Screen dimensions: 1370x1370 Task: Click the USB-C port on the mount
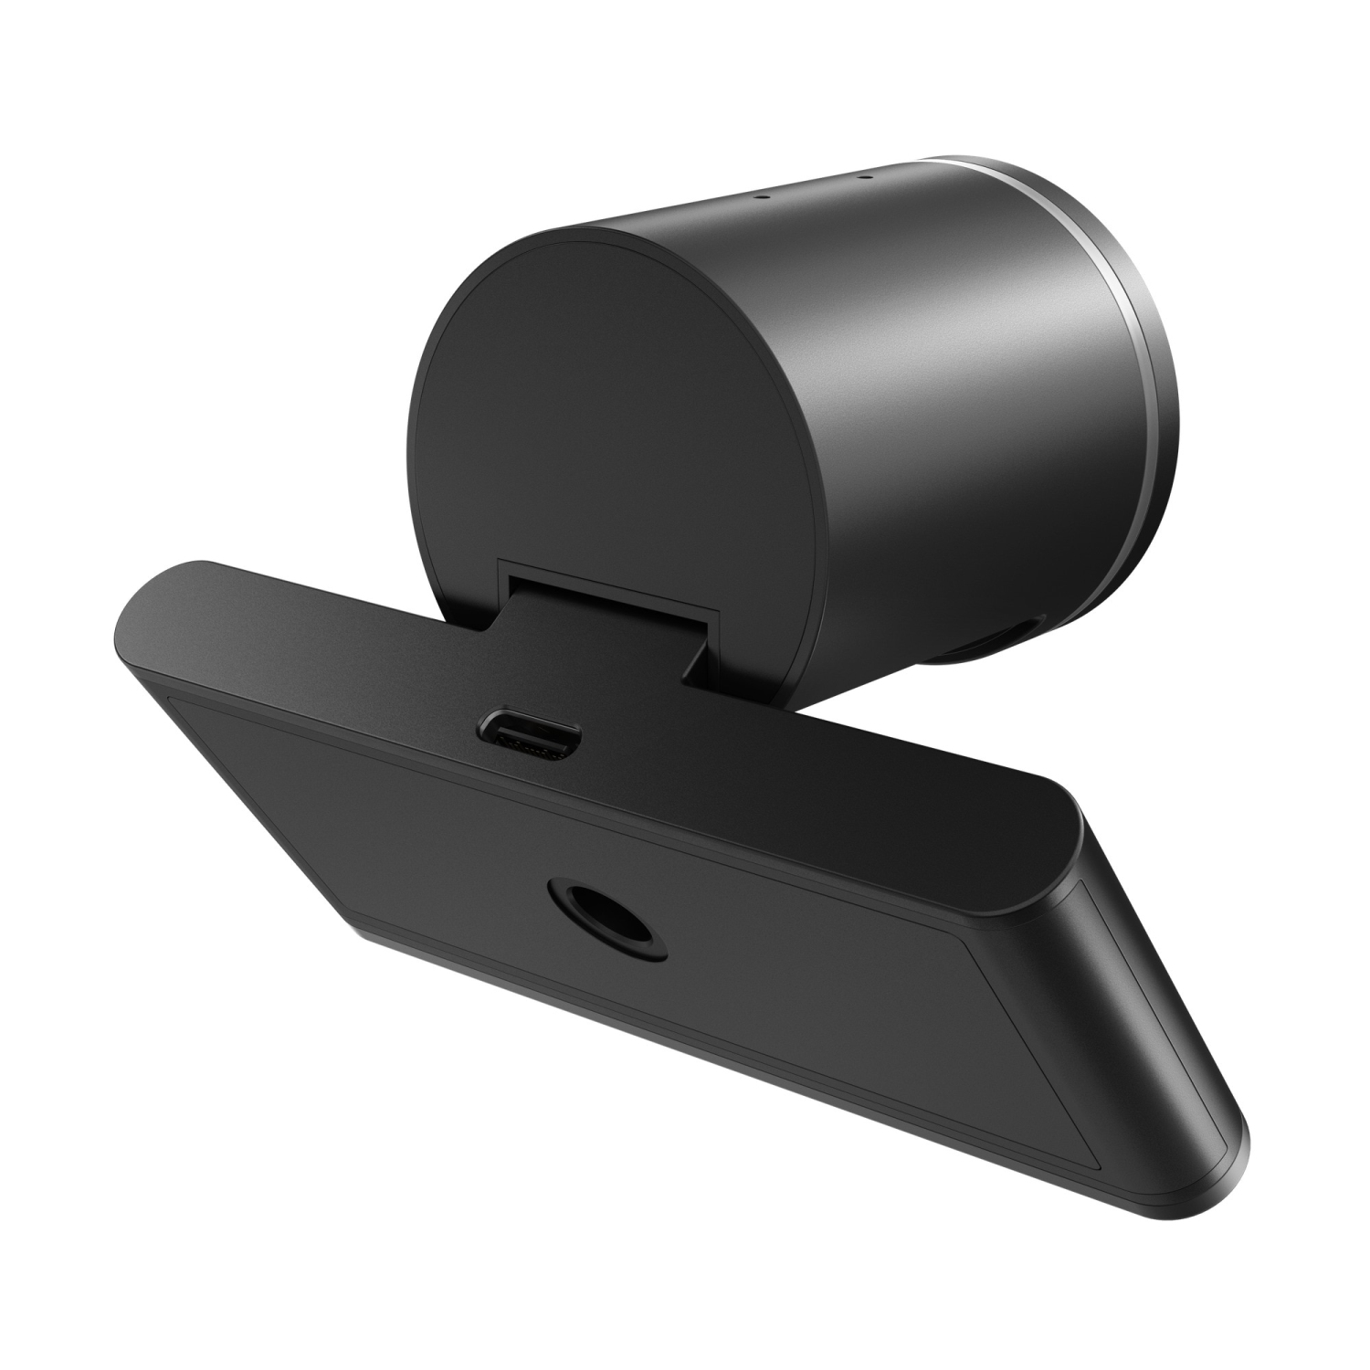[528, 732]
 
